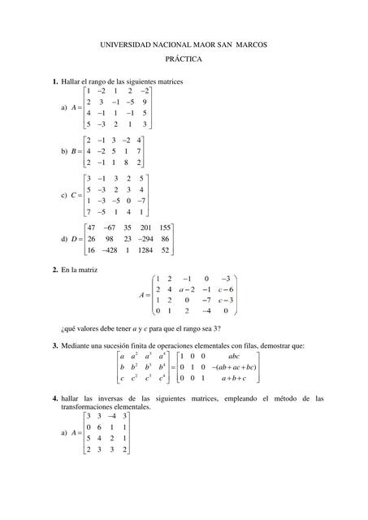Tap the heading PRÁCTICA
click(184, 59)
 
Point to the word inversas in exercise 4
click(92, 399)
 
